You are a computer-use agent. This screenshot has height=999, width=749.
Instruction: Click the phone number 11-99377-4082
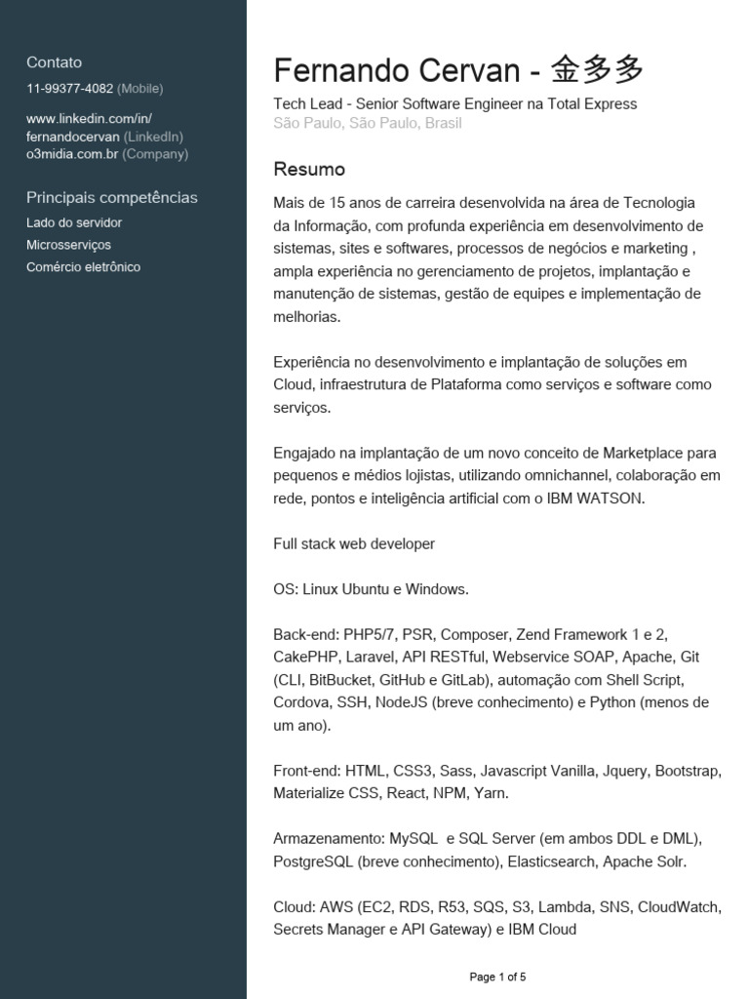[x=69, y=89]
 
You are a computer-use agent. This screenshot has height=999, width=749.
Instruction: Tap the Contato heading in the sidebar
[x=54, y=62]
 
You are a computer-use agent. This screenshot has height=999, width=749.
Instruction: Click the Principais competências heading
[x=111, y=197]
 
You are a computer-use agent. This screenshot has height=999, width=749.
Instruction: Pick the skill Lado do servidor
[x=74, y=222]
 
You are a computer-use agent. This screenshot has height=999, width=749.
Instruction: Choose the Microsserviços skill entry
[x=68, y=245]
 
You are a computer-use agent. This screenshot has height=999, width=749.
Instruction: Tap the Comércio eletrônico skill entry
[x=83, y=266]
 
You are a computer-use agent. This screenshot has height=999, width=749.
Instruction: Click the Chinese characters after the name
[x=597, y=70]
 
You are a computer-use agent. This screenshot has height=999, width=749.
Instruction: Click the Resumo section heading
[x=309, y=170]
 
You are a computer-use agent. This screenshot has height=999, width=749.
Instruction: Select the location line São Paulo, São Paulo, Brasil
[x=368, y=123]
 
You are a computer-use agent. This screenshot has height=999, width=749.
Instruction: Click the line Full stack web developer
[x=354, y=543]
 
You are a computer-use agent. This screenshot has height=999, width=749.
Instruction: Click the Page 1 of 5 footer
[x=497, y=977]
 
